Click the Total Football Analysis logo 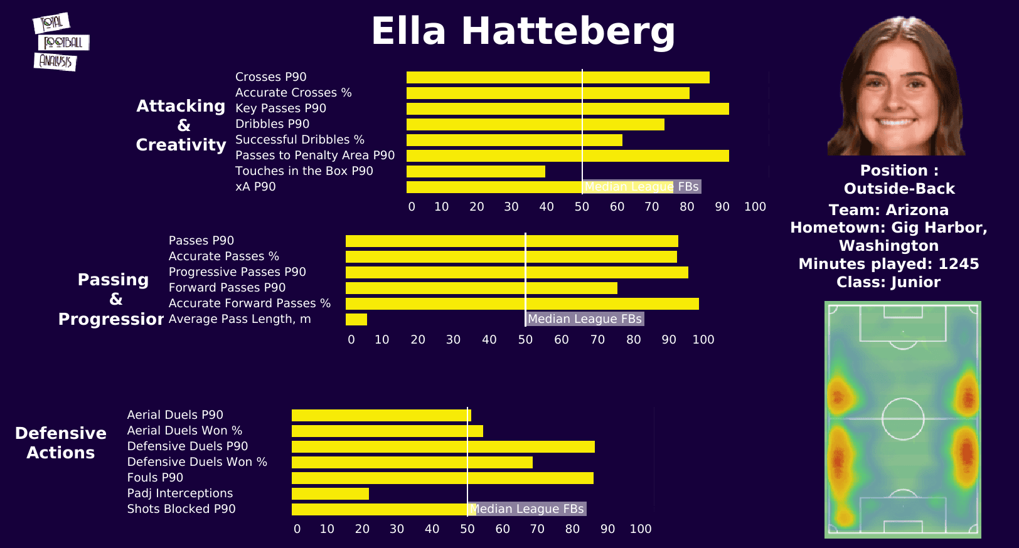[60, 42]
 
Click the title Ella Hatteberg [523, 31]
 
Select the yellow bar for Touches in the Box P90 [476, 171]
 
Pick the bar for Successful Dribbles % [514, 140]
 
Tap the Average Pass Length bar [356, 319]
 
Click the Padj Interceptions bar [330, 493]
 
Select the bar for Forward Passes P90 [481, 288]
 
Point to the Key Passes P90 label [280, 108]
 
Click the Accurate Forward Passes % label [249, 303]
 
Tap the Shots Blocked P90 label [181, 509]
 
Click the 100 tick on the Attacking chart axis [755, 207]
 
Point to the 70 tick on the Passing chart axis [597, 340]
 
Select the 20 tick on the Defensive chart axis [362, 529]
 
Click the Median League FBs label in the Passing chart [584, 319]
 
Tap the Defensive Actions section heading [61, 443]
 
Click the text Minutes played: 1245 [888, 264]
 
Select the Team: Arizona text [888, 210]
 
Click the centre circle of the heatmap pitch [903, 419]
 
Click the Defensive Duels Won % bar [412, 462]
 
